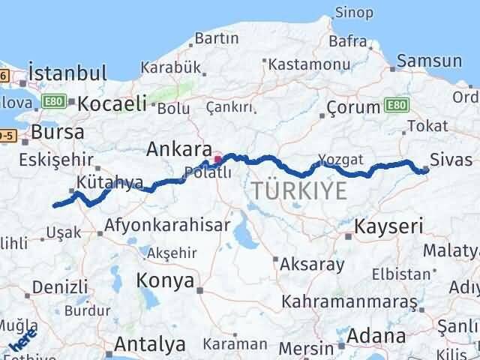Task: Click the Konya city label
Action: (x=165, y=280)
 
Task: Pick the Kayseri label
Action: (x=388, y=225)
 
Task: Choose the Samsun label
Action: (x=430, y=61)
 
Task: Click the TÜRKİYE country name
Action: (x=299, y=191)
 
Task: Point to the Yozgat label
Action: (x=340, y=159)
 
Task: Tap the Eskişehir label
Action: (x=54, y=159)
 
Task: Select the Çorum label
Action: (x=352, y=107)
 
